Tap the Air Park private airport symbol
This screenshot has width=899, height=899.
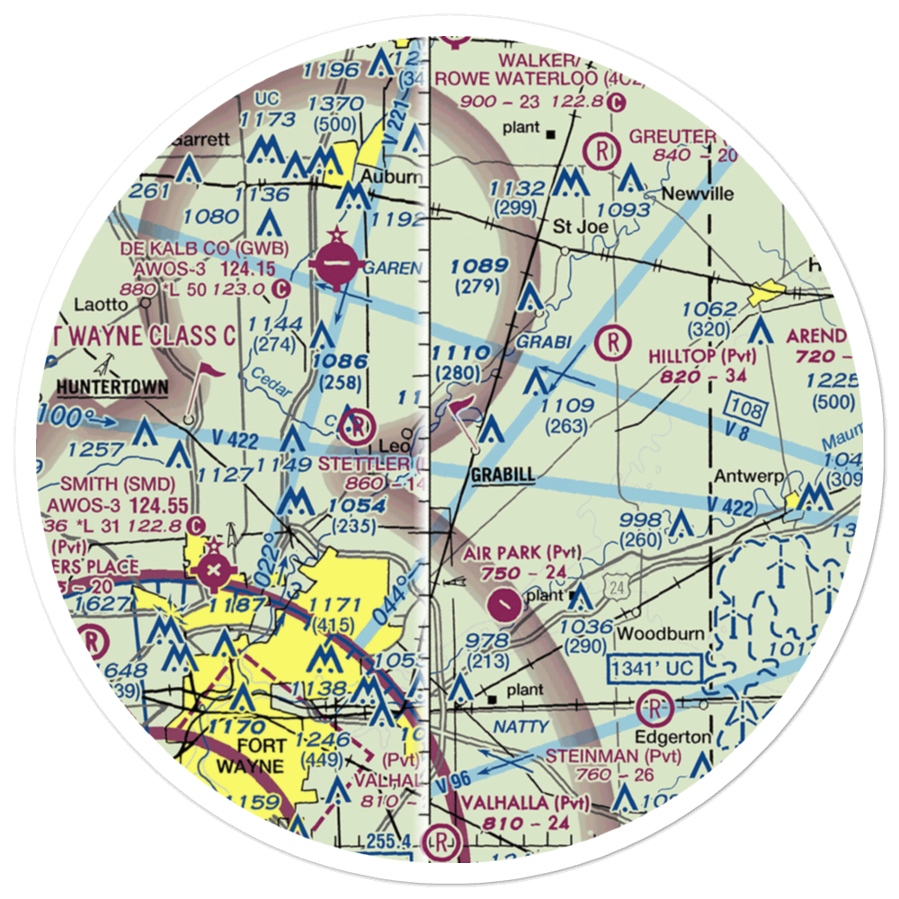pyautogui.click(x=506, y=602)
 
